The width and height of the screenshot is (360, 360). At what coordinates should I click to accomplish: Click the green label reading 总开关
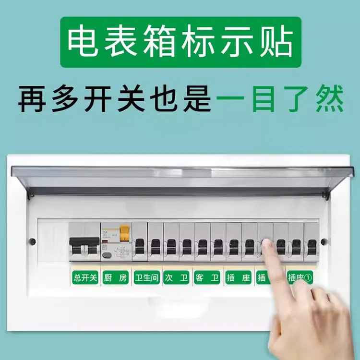(84, 277)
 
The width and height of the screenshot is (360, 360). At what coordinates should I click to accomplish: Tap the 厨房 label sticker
(115, 277)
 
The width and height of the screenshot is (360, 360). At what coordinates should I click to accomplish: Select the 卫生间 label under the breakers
(146, 277)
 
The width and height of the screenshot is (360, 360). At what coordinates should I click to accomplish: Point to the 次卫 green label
(177, 277)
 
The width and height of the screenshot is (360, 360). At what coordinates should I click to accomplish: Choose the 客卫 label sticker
(207, 277)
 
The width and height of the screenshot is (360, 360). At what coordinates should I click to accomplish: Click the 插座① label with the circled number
(300, 277)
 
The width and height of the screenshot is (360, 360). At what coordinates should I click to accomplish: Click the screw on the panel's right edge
(324, 241)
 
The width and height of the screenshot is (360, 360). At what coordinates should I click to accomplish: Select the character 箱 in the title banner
(158, 42)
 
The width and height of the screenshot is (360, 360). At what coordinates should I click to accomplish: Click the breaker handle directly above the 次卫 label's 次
(171, 246)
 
